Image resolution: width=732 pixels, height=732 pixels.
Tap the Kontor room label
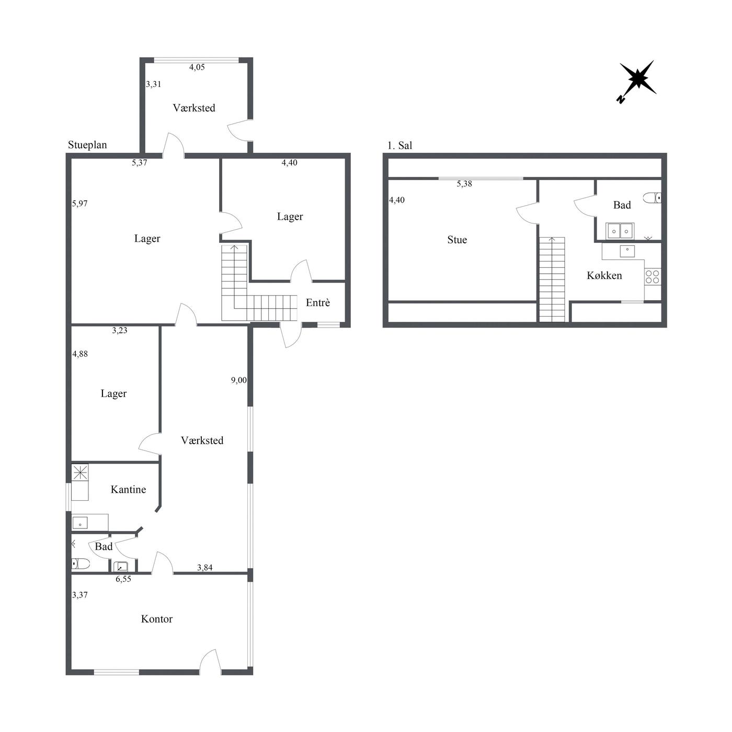pyautogui.click(x=156, y=619)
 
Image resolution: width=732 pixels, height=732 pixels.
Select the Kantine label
pyautogui.click(x=129, y=489)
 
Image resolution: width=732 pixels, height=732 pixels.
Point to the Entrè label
pyautogui.click(x=318, y=302)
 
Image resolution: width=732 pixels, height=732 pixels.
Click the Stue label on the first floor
pyautogui.click(x=457, y=240)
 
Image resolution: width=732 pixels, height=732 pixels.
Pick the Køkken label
pyautogui.click(x=604, y=275)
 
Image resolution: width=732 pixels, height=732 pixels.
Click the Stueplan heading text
pyautogui.click(x=87, y=145)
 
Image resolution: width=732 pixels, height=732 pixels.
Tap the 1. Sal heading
pyautogui.click(x=399, y=145)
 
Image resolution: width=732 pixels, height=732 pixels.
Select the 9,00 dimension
pyautogui.click(x=239, y=380)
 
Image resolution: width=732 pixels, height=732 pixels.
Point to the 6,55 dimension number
pyautogui.click(x=123, y=579)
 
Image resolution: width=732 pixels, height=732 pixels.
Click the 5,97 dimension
pyautogui.click(x=80, y=204)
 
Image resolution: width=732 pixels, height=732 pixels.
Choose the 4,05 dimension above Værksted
pyautogui.click(x=197, y=67)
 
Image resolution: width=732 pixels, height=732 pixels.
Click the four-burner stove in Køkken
pyautogui.click(x=653, y=277)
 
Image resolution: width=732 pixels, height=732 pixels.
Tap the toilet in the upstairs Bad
pyautogui.click(x=653, y=198)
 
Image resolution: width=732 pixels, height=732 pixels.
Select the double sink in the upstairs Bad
pyautogui.click(x=620, y=231)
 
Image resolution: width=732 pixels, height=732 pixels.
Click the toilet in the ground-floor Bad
pyautogui.click(x=81, y=563)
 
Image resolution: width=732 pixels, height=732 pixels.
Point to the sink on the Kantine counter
pyautogui.click(x=80, y=523)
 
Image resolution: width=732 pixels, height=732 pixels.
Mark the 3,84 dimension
pyautogui.click(x=205, y=567)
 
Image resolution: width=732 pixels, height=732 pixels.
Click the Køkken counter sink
pyautogui.click(x=627, y=251)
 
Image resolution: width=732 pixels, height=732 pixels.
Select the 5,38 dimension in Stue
pyautogui.click(x=464, y=184)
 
